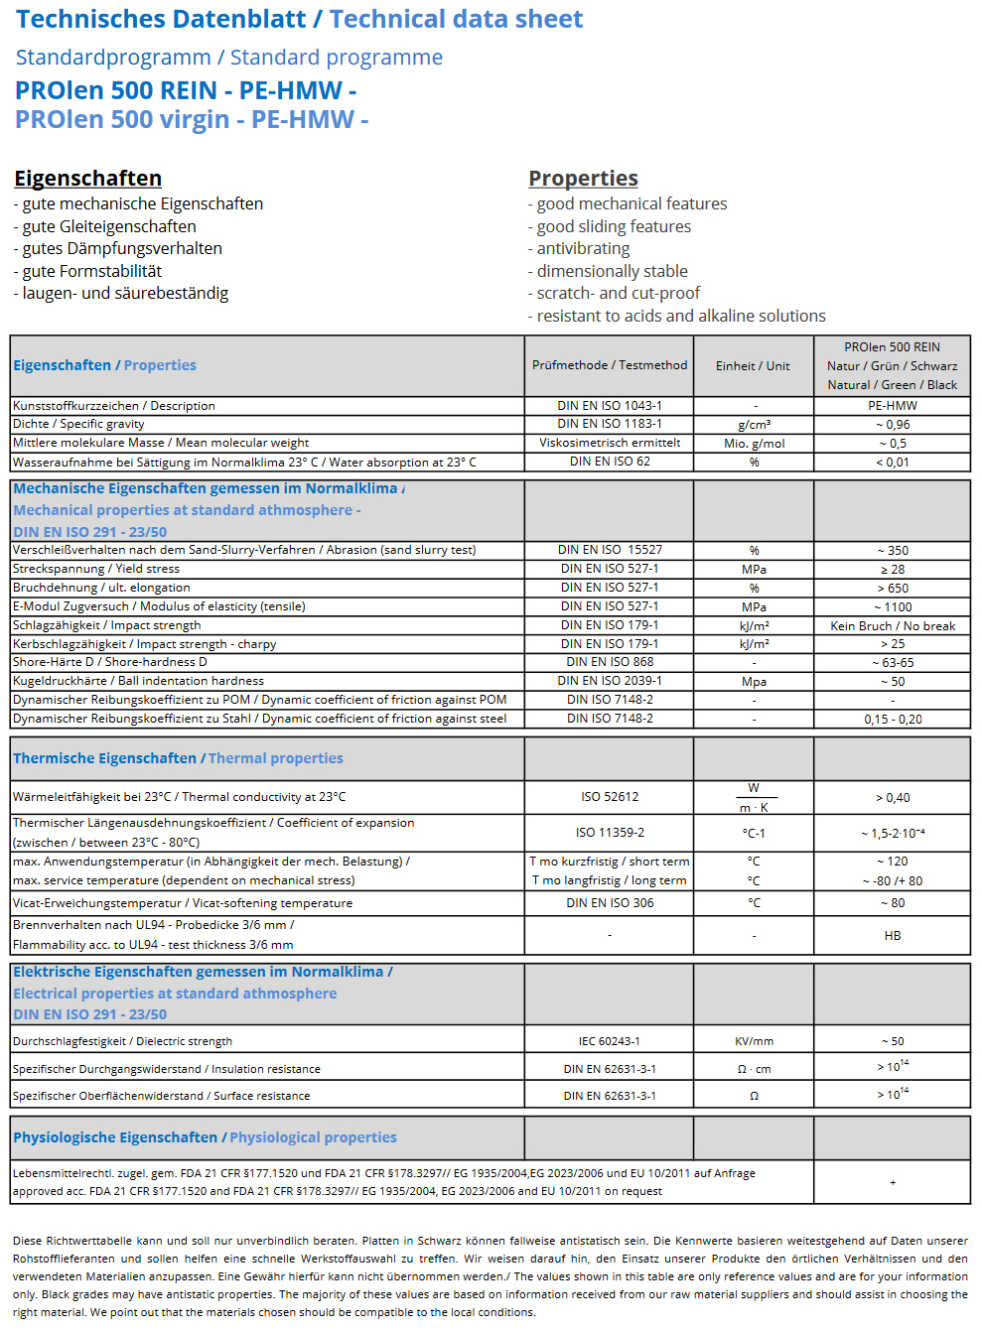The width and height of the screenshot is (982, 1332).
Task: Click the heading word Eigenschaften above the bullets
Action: (87, 179)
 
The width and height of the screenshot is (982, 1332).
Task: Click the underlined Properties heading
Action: (583, 179)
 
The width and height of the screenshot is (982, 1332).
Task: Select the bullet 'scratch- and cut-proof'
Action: (618, 293)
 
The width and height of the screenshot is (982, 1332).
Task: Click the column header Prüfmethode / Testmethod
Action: (609, 365)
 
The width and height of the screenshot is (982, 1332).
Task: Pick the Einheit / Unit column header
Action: (753, 365)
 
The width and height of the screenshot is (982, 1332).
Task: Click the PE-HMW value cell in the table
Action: (892, 406)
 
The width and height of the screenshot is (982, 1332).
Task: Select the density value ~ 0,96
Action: (892, 425)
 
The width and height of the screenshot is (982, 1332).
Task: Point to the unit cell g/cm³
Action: (754, 425)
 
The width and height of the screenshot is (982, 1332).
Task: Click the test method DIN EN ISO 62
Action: (609, 462)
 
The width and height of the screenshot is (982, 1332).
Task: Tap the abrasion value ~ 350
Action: (892, 551)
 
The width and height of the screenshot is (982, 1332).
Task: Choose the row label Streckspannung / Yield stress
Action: (96, 569)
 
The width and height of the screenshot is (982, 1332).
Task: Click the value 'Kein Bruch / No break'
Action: (892, 626)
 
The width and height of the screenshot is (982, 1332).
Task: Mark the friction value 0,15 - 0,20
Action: (892, 720)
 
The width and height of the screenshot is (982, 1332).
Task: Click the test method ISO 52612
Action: (609, 797)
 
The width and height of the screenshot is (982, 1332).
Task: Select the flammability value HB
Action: (892, 936)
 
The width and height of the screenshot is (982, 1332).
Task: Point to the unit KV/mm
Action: (754, 1041)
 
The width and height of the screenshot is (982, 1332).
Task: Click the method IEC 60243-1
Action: (609, 1041)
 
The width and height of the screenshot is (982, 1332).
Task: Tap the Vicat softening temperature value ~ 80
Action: (892, 903)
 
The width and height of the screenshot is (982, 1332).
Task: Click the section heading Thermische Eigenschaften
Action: (104, 758)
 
